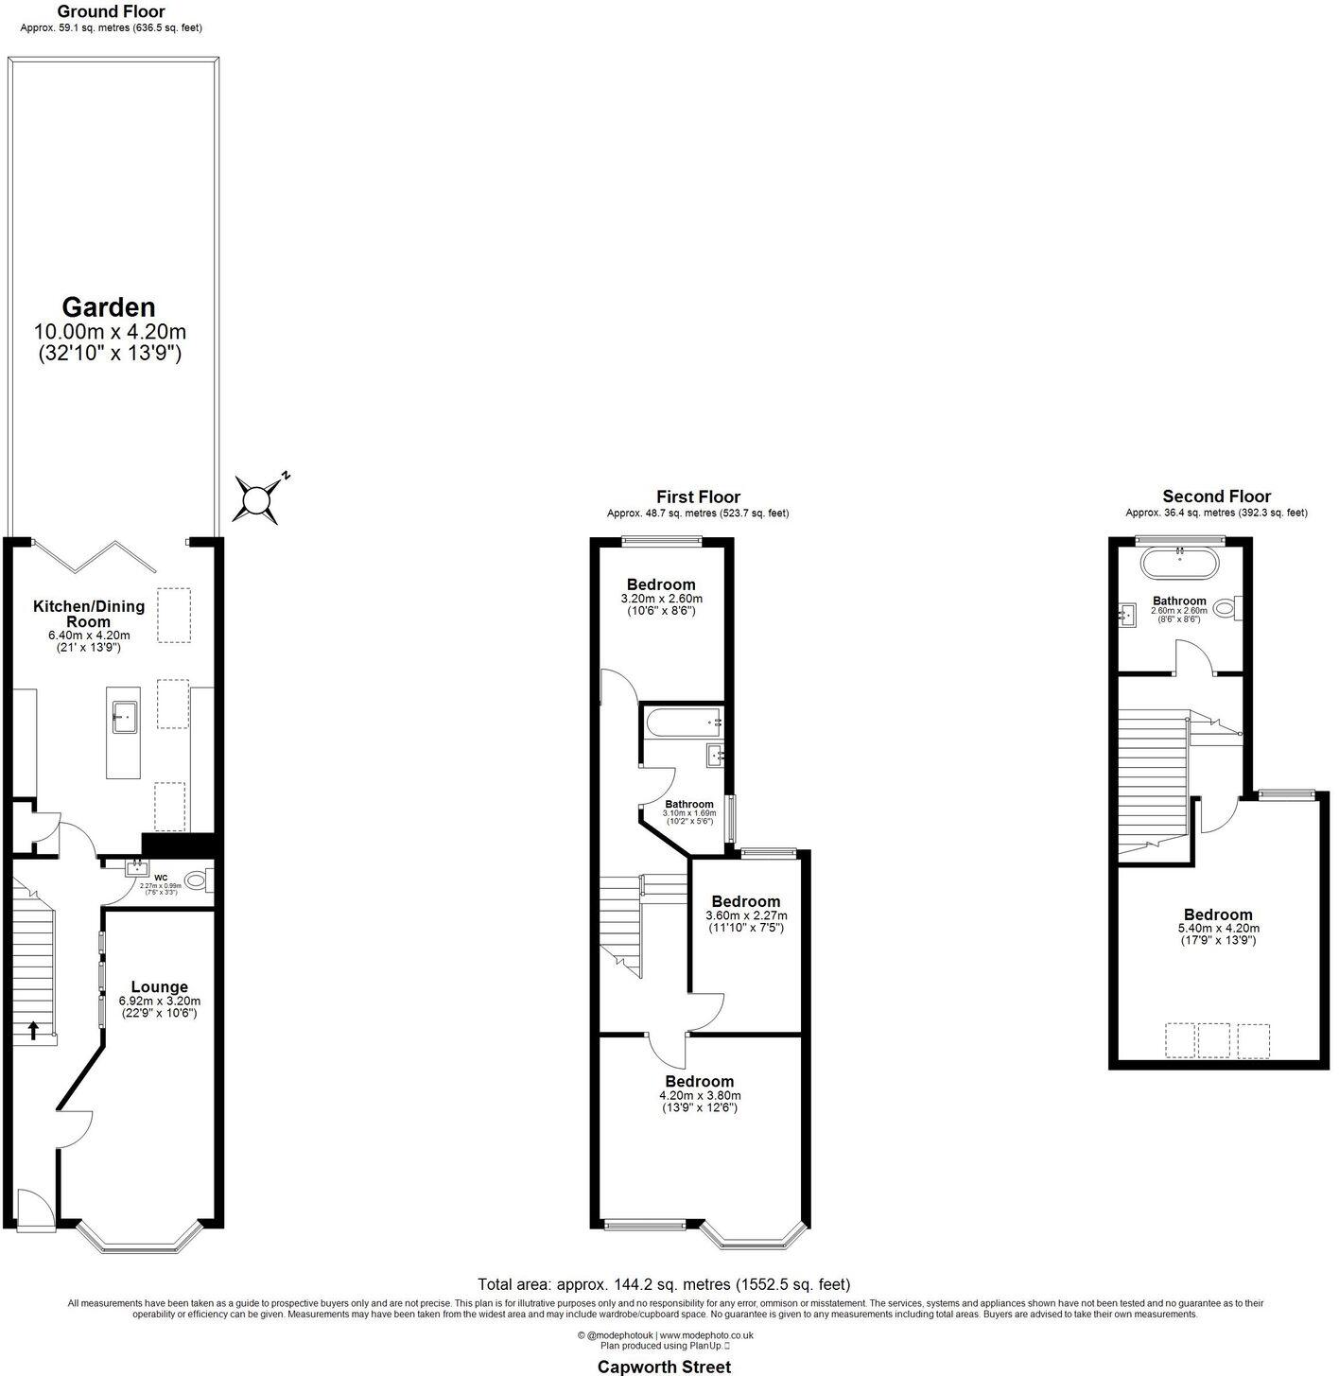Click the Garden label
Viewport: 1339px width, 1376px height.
point(109,307)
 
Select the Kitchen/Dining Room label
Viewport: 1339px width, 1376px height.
point(89,614)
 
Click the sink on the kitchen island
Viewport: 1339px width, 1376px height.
point(125,717)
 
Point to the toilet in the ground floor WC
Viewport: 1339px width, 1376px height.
point(198,880)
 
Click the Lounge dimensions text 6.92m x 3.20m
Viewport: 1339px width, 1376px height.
point(159,1001)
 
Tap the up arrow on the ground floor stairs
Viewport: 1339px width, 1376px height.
point(34,1030)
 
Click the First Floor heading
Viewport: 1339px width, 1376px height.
point(698,497)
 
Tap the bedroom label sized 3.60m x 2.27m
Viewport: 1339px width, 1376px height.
point(746,901)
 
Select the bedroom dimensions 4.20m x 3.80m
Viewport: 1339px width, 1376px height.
point(699,1095)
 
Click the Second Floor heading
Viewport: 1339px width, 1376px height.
point(1216,496)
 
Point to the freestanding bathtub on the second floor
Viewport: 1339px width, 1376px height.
point(1180,565)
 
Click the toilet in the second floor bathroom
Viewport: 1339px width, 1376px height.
point(1226,608)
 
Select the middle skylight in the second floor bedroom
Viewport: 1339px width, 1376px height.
point(1213,1040)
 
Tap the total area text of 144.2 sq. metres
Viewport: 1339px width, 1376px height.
point(664,1284)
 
